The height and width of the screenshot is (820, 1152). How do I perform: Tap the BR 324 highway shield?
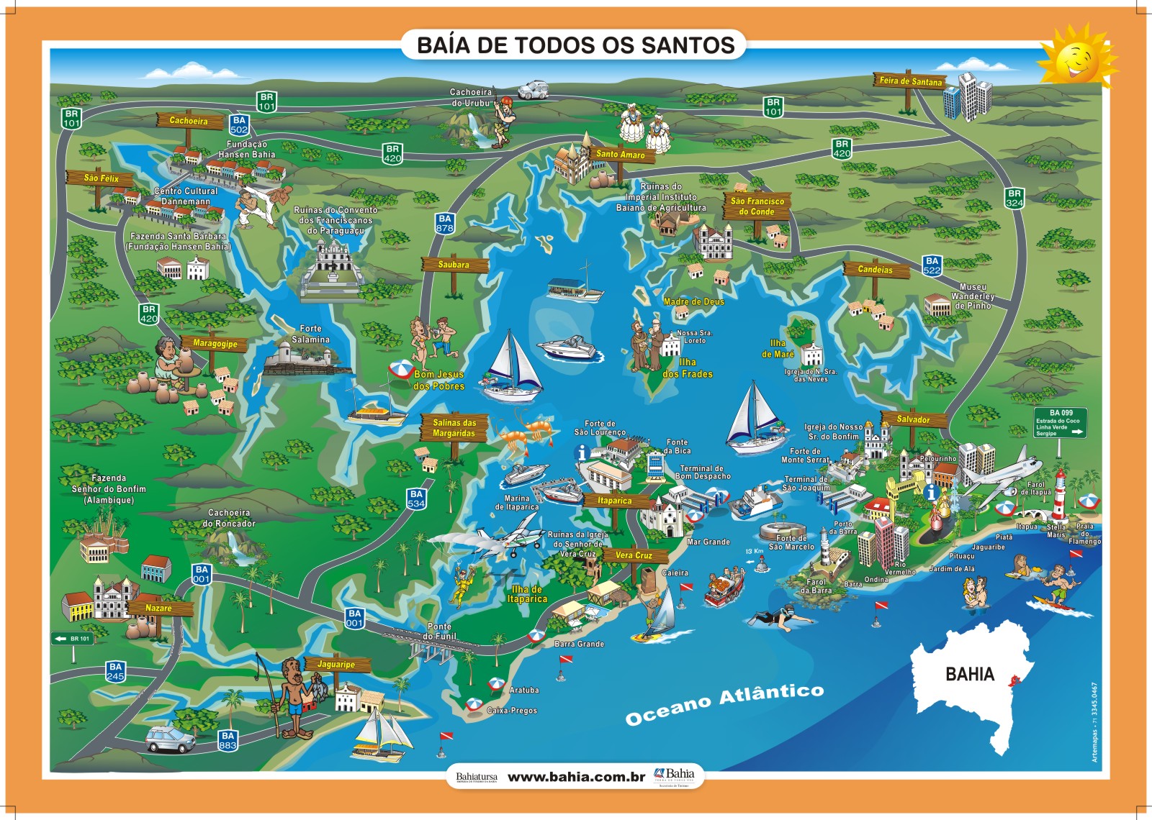click(1014, 198)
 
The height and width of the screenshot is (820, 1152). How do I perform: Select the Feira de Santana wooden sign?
click(910, 81)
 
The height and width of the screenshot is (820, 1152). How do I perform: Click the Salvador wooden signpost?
click(913, 419)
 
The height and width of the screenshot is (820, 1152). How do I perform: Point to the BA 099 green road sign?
click(1060, 423)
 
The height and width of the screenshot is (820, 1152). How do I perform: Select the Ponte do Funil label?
click(439, 631)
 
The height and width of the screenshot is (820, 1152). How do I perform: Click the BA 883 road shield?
click(228, 740)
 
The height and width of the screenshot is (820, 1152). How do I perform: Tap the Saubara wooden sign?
click(454, 265)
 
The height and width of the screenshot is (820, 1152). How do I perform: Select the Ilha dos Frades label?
click(688, 368)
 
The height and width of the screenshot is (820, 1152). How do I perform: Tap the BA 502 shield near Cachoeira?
click(239, 125)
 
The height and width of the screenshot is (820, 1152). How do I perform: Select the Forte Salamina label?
click(310, 334)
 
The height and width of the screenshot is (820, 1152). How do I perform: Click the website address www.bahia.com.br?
click(576, 777)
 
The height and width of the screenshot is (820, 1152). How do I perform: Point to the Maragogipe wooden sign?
click(215, 344)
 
